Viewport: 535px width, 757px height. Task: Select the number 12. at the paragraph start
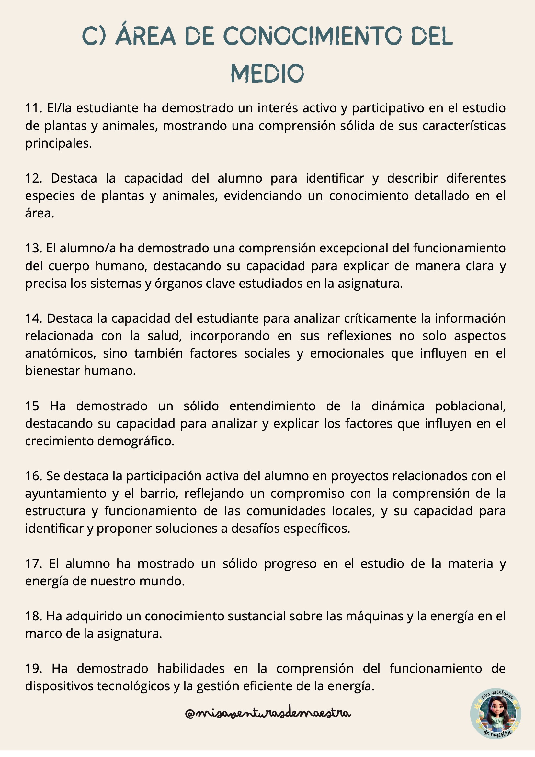(34, 178)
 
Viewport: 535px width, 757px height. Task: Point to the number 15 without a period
(32, 406)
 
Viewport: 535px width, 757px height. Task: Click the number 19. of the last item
(34, 668)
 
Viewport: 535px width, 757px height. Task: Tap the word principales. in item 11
(58, 143)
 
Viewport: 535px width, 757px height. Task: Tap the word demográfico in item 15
(136, 441)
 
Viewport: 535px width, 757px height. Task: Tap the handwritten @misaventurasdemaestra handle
(268, 714)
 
